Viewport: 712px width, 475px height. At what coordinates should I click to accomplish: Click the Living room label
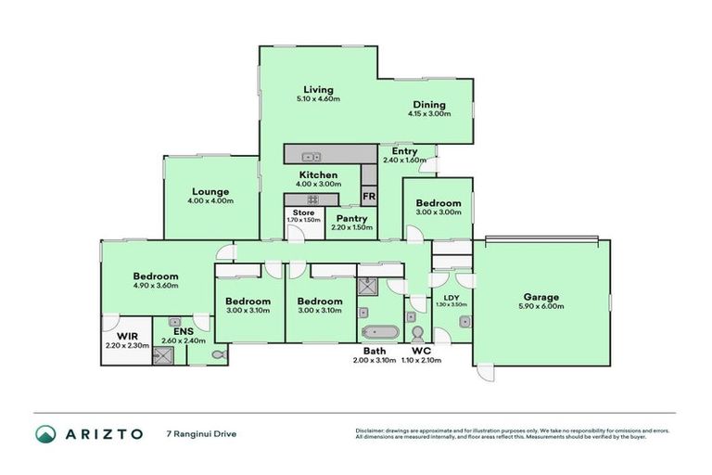318,90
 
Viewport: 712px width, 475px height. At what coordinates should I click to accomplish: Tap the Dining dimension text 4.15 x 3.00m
428,114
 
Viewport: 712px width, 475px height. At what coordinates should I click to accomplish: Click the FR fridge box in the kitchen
368,197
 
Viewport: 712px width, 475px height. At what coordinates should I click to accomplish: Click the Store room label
304,213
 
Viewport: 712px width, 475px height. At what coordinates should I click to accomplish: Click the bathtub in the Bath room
380,332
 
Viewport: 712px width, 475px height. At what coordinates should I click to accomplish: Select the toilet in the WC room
416,332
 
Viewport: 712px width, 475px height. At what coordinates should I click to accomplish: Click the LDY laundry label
451,297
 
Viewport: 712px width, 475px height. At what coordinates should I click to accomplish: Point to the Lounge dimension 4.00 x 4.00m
210,200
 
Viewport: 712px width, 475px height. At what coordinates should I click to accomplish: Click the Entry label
404,151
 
